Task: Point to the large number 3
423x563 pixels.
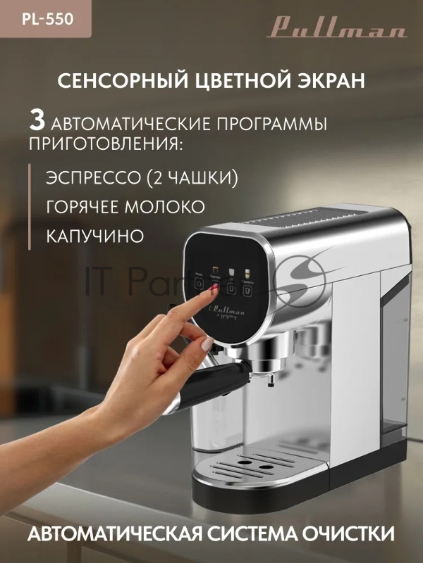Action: (37, 120)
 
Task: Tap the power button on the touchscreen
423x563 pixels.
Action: (200, 283)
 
